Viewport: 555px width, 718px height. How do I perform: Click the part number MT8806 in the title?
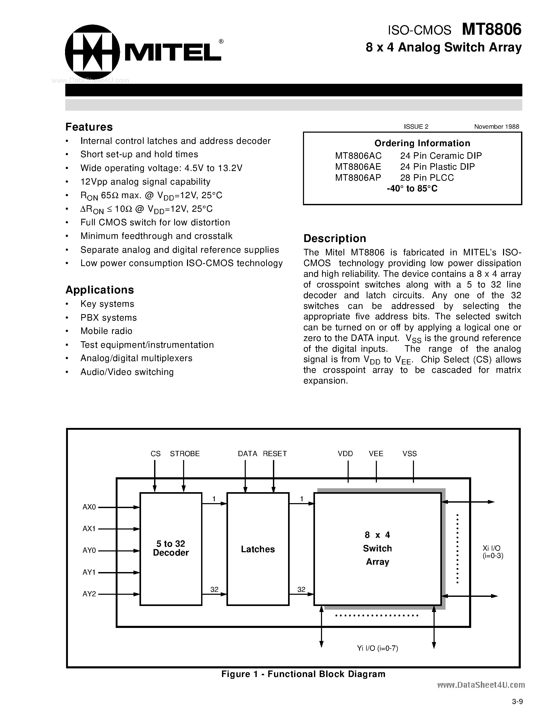(x=491, y=30)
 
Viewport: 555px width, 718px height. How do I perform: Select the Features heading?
(x=89, y=127)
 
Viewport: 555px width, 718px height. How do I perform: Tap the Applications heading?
(x=100, y=290)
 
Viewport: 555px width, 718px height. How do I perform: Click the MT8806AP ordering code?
(x=358, y=178)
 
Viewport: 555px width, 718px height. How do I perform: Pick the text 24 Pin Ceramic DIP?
(x=441, y=156)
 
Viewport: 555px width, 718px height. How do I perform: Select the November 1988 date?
(x=496, y=127)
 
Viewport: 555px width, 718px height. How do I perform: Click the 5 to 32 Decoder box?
(x=171, y=548)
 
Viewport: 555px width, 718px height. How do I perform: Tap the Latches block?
(x=258, y=549)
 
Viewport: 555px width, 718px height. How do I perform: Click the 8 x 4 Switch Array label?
(x=377, y=548)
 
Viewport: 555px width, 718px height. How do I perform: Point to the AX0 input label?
(x=89, y=507)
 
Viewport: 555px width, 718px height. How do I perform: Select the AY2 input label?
(x=89, y=594)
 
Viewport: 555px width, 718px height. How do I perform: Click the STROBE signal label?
(x=185, y=454)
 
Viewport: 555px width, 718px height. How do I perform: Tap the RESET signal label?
(x=274, y=454)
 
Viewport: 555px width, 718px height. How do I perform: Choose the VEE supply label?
(x=376, y=454)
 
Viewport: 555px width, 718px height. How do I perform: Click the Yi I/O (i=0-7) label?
(x=377, y=648)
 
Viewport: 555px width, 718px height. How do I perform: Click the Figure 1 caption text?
(x=303, y=674)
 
